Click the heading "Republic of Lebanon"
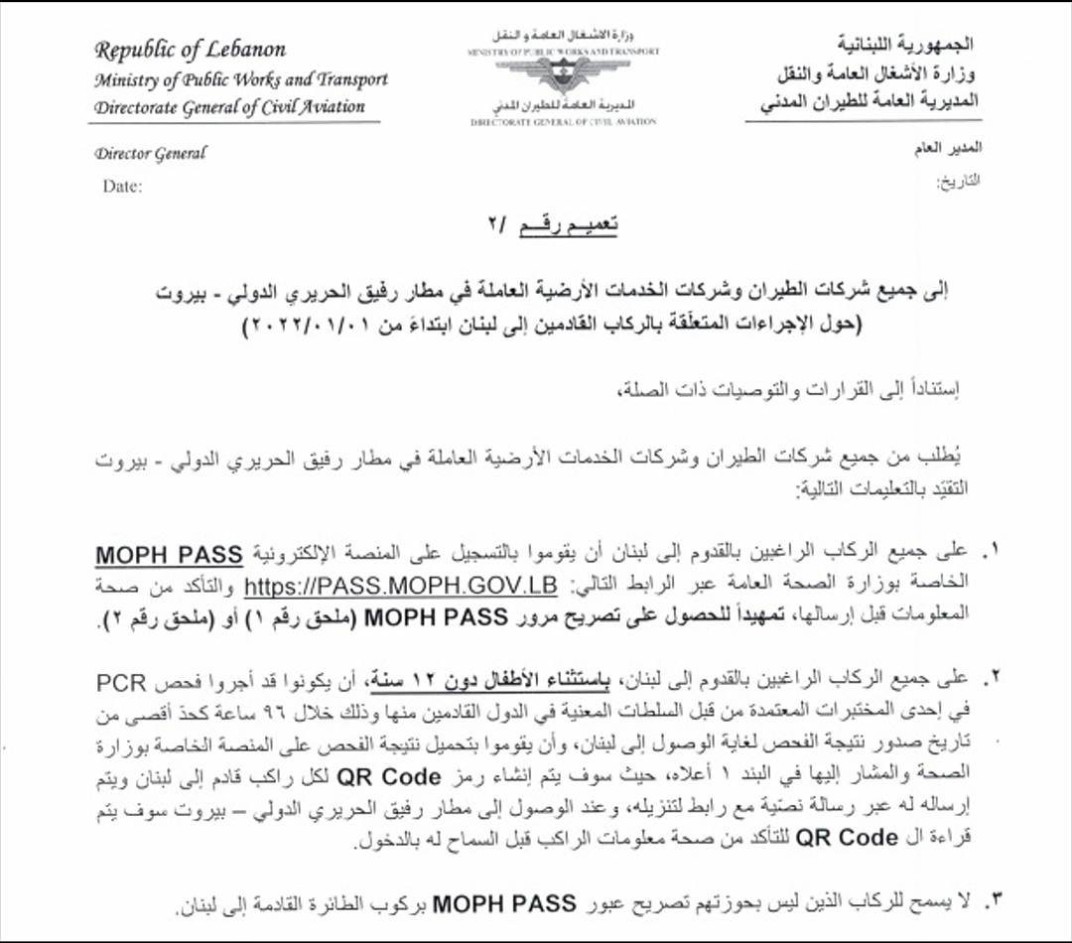191,50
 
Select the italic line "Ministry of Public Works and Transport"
241,79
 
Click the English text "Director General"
151,154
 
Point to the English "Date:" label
122,186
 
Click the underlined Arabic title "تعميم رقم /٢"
567,225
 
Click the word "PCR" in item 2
122,684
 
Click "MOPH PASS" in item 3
504,903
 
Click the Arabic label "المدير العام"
947,149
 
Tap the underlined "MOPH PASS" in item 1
169,554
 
